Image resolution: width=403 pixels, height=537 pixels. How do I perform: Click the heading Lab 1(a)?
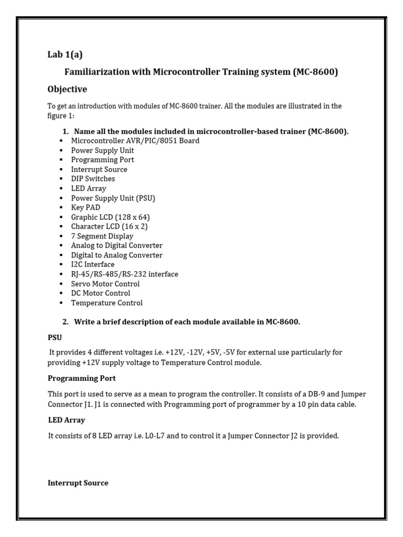point(65,55)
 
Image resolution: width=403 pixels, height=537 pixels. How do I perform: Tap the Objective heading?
point(67,89)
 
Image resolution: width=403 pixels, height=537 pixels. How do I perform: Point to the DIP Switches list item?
point(93,179)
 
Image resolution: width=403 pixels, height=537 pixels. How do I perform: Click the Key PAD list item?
point(86,208)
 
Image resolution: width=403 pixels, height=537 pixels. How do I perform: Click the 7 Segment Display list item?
point(102,236)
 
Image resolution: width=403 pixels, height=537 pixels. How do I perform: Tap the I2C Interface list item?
point(93,265)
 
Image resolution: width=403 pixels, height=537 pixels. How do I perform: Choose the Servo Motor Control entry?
point(105,284)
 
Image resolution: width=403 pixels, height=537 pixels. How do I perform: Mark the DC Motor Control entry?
point(101,293)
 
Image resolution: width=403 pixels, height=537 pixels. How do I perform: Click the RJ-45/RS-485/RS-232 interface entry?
point(124,274)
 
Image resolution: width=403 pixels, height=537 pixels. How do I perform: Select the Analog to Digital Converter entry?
point(117,245)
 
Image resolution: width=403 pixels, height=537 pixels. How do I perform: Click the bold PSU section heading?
point(55,338)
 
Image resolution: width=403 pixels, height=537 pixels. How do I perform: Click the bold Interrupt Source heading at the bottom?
point(78,483)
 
